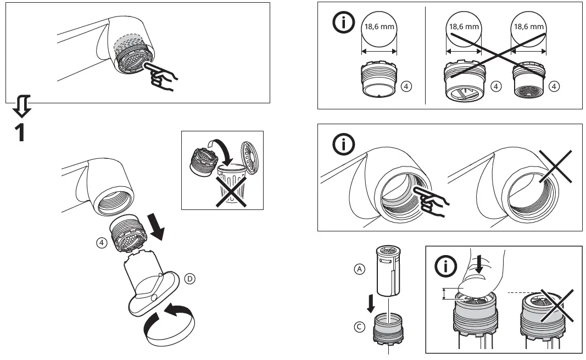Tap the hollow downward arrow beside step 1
pyautogui.click(x=21, y=106)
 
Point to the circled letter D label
pyautogui.click(x=190, y=279)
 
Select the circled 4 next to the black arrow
pyautogui.click(x=101, y=242)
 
